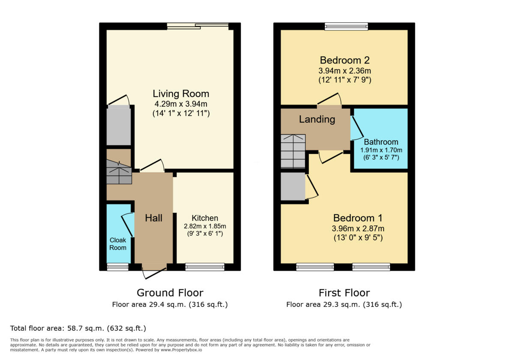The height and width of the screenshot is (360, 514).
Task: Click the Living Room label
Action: coord(181,93)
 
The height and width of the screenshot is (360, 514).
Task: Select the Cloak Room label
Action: coord(118,244)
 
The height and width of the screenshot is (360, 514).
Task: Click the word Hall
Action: coord(153,218)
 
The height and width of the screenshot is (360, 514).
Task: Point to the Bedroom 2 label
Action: coord(344,60)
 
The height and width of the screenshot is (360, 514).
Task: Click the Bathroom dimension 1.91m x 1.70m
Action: coord(381,150)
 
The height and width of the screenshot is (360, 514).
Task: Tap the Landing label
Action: coord(317,119)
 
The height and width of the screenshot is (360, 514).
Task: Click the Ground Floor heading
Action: coord(170,293)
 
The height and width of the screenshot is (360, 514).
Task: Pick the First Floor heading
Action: coord(344,293)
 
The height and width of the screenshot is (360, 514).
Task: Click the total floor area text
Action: coord(78,328)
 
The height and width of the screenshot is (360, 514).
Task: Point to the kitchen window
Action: coord(205,267)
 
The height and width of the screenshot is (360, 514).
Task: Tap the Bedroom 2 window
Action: coord(346,27)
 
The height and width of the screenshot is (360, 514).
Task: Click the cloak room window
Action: coord(117,267)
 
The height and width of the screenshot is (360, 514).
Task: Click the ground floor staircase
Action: coord(119,171)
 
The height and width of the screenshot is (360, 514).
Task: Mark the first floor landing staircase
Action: coord(293,151)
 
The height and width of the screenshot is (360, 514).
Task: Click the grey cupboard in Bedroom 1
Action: coord(293,186)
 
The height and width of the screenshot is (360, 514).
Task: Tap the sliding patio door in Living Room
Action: coord(197,27)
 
